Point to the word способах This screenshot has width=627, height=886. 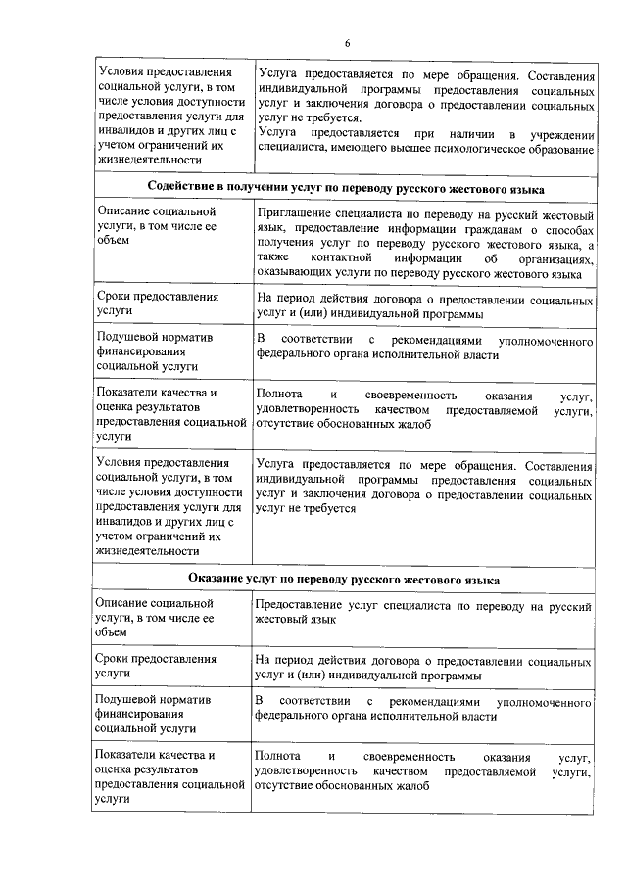pos(569,227)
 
